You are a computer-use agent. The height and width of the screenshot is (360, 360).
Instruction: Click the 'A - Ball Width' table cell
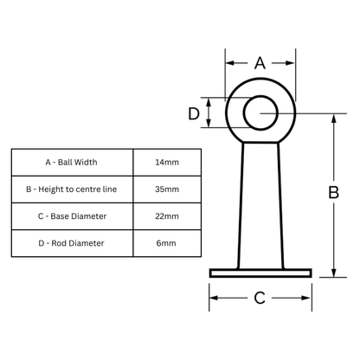(x=72, y=162)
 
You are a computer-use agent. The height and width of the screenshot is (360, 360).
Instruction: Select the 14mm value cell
(x=167, y=162)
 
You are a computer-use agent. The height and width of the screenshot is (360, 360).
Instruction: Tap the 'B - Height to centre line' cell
(x=72, y=189)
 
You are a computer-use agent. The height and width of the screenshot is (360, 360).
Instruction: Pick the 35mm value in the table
(x=167, y=189)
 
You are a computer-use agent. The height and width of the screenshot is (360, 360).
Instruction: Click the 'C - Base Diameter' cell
(x=72, y=215)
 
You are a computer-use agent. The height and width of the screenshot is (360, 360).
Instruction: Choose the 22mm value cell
(x=167, y=215)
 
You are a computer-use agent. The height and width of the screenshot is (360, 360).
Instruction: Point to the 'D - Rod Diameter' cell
(x=72, y=243)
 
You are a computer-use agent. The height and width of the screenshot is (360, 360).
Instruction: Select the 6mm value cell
(x=167, y=243)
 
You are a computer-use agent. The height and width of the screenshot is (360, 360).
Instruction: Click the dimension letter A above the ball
(x=260, y=62)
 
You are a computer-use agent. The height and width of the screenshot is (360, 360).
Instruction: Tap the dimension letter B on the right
(x=333, y=194)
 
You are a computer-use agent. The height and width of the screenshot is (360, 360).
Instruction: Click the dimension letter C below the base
(x=260, y=299)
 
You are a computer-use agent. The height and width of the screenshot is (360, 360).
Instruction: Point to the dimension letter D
(x=195, y=112)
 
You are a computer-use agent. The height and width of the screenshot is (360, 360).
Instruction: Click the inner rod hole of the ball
(x=260, y=113)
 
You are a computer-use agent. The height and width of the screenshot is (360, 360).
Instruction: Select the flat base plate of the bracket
(x=260, y=273)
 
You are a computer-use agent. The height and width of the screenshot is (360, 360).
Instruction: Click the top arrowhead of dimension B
(x=334, y=118)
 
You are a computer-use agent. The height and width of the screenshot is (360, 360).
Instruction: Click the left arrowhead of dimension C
(x=214, y=299)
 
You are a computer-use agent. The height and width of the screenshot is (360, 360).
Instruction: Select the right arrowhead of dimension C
(x=306, y=299)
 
